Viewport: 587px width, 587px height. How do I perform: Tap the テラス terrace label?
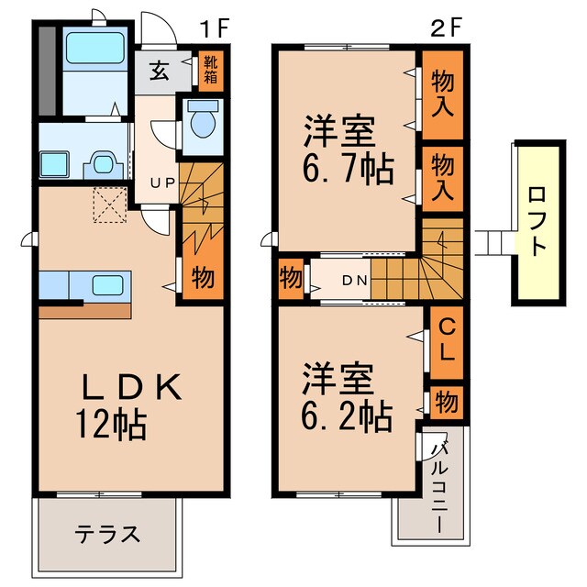coord(107,534)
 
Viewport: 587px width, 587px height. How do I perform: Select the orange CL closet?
coord(446,339)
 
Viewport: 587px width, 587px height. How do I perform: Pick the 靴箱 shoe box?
coord(211,70)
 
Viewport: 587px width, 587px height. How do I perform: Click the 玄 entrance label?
coord(159,72)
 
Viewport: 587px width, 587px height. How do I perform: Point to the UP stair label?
coord(162,183)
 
